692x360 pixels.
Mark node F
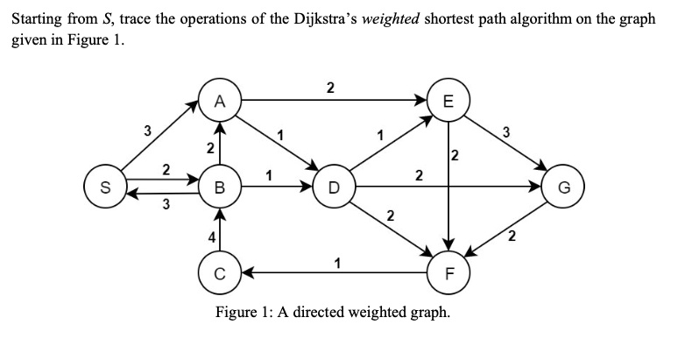coord(448,272)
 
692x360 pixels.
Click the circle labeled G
coord(563,187)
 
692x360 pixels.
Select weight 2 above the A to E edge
coord(329,87)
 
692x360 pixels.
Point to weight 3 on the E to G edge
coord(505,133)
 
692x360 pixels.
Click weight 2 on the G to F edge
coord(513,235)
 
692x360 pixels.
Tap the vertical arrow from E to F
coord(448,184)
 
